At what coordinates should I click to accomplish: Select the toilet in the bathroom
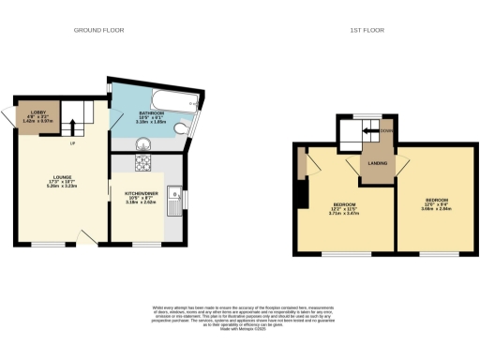click(x=187, y=130)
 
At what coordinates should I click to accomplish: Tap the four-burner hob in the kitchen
click(x=146, y=165)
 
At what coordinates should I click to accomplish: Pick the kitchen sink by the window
click(x=174, y=199)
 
